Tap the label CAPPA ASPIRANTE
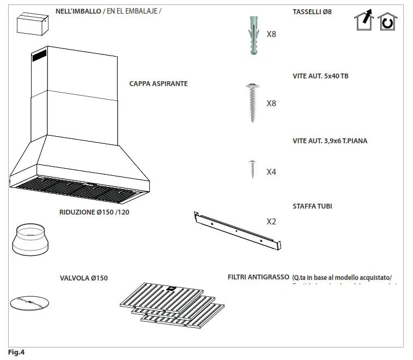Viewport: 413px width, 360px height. [158, 84]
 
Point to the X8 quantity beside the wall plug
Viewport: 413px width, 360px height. [271, 34]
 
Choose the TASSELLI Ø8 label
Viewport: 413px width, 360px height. [312, 12]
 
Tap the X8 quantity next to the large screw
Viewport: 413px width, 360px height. [271, 103]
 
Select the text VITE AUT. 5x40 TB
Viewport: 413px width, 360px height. [320, 76]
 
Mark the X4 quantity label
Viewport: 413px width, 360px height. [271, 172]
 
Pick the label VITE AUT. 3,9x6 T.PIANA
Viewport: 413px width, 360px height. [330, 141]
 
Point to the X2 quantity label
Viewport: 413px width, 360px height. [271, 222]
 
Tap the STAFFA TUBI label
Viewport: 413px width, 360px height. [312, 206]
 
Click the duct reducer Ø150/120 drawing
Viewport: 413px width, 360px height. [29, 240]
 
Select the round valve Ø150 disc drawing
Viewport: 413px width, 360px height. [29, 303]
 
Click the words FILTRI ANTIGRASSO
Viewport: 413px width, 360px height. [258, 277]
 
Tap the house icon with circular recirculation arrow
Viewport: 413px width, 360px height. [388, 22]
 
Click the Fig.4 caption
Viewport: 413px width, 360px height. [16, 352]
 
